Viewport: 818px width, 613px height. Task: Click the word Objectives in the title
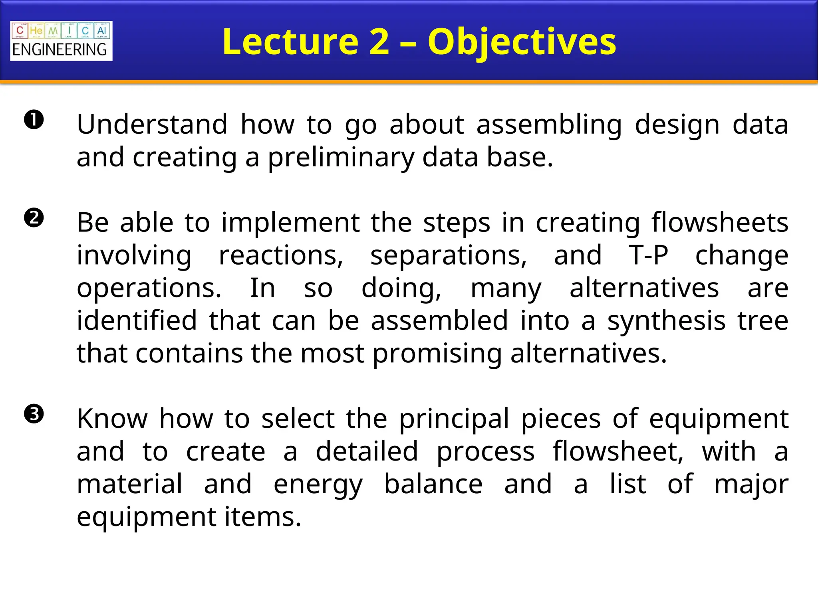(522, 42)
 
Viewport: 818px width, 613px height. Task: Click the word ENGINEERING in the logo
(60, 50)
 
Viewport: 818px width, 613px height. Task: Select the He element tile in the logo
(36, 31)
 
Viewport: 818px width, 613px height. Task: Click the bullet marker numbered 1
(34, 120)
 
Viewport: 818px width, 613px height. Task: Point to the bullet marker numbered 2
(34, 218)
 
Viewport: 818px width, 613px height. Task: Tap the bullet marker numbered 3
(34, 414)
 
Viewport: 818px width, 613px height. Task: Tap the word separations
(449, 255)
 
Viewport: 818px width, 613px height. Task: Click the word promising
(437, 354)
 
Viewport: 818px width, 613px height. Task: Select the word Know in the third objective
(112, 419)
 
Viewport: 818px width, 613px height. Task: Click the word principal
(454, 419)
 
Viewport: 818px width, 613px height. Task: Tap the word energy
(318, 485)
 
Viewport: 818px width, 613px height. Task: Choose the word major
(751, 485)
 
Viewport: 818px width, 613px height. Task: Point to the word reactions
(281, 255)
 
